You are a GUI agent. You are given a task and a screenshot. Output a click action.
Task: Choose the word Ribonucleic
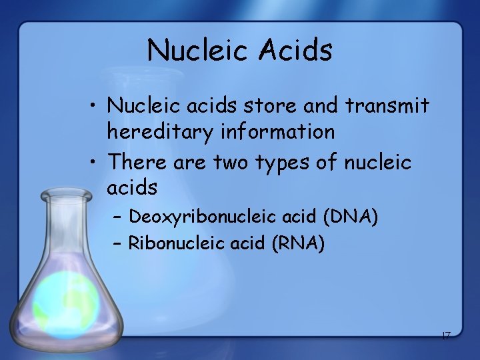click(x=176, y=244)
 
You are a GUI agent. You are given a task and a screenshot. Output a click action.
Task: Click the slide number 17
click(x=445, y=335)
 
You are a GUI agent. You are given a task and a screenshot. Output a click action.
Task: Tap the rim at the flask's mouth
click(x=66, y=195)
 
